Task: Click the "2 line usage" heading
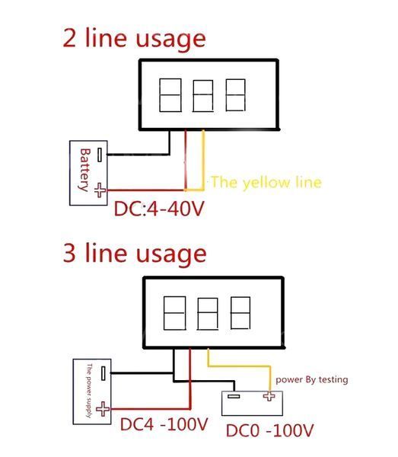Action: (x=134, y=39)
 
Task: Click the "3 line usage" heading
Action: (x=135, y=254)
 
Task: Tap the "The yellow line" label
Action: (x=266, y=183)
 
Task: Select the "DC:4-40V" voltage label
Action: (x=159, y=209)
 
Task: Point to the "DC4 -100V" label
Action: (x=164, y=424)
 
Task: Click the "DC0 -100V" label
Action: (x=269, y=430)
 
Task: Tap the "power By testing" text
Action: (x=312, y=380)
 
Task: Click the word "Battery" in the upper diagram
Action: (x=85, y=170)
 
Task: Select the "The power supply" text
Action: (x=89, y=391)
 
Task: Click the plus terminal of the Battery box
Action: (x=100, y=190)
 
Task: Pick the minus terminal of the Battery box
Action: (x=100, y=155)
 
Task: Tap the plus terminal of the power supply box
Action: (x=103, y=409)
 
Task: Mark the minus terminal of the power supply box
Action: (x=103, y=373)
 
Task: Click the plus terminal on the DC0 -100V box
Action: (x=269, y=396)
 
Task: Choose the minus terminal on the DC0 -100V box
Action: (x=234, y=396)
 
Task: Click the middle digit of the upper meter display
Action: (x=203, y=96)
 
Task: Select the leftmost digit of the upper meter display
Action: (x=170, y=95)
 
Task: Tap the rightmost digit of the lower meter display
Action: (x=240, y=313)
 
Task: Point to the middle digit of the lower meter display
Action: (x=208, y=314)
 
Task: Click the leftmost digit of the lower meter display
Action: (x=175, y=313)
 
